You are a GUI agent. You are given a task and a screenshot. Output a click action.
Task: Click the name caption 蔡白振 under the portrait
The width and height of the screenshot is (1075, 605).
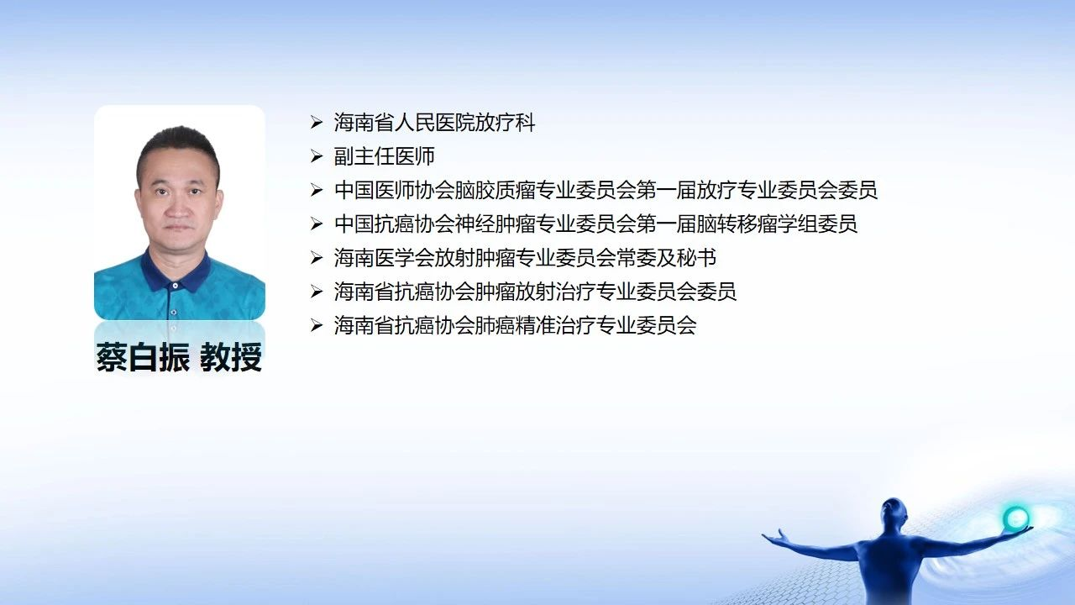click(143, 357)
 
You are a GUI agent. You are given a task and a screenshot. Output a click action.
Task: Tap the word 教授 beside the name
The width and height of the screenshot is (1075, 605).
click(231, 357)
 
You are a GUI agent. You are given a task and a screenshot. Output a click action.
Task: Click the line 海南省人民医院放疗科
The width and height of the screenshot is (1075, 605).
click(434, 123)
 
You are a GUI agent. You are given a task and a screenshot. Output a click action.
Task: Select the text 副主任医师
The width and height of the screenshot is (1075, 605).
click(385, 156)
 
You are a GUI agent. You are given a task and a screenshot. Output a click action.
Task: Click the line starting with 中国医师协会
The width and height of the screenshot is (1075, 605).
click(606, 190)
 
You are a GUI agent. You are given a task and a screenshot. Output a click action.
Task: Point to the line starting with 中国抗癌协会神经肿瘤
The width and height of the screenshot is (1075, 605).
click(595, 224)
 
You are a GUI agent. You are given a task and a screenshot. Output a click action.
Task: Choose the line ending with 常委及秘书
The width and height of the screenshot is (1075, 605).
click(525, 258)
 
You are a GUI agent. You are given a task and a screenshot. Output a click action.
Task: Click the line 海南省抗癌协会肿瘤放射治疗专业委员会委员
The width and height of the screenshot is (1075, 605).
click(535, 292)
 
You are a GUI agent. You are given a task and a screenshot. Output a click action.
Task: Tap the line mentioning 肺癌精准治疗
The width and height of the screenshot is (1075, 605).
click(515, 325)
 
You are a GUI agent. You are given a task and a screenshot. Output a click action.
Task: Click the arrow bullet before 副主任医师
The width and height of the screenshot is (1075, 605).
click(317, 156)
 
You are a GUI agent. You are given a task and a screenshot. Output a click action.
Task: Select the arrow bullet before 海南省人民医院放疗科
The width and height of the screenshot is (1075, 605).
click(317, 123)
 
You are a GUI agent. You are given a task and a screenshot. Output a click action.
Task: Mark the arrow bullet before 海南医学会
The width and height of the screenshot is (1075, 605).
click(317, 258)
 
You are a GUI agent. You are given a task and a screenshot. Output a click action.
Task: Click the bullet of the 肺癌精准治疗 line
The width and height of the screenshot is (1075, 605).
click(317, 325)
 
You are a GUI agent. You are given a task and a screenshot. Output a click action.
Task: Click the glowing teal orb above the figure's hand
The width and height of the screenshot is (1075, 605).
click(1015, 518)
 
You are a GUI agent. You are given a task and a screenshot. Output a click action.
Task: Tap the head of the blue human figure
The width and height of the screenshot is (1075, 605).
click(894, 513)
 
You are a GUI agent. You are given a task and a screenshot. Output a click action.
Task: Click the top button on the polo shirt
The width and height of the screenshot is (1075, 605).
click(176, 286)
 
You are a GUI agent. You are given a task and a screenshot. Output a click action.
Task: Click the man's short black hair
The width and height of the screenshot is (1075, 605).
click(179, 144)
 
